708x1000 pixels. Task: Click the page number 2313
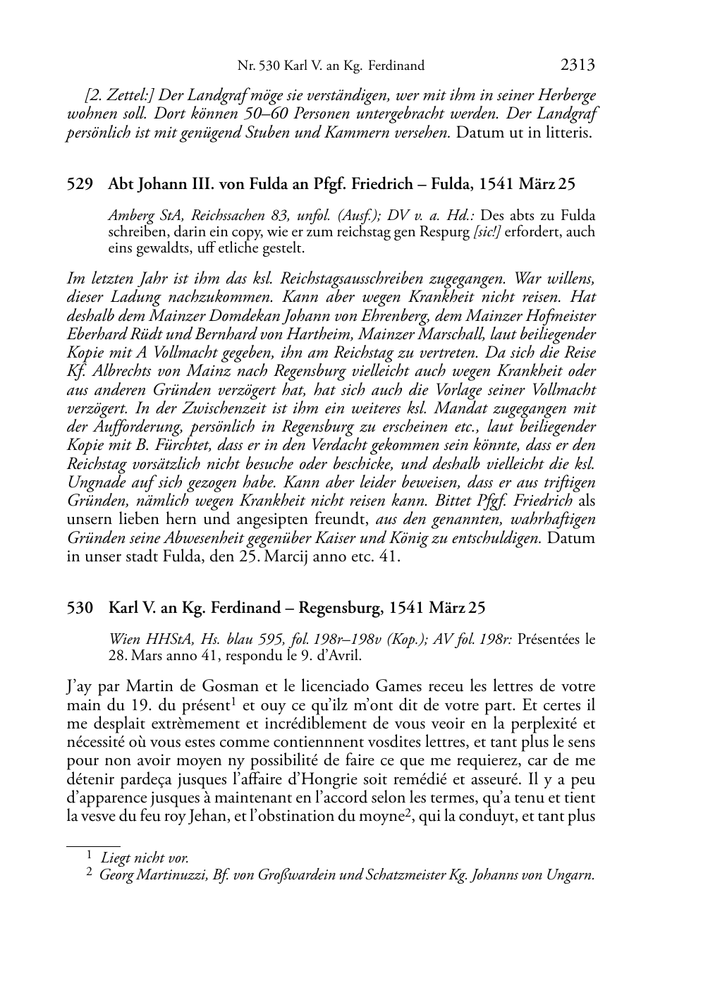[578, 66]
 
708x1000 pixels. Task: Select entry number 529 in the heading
[80, 185]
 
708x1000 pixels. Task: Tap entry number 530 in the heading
[80, 608]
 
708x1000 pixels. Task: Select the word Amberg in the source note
[127, 216]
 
